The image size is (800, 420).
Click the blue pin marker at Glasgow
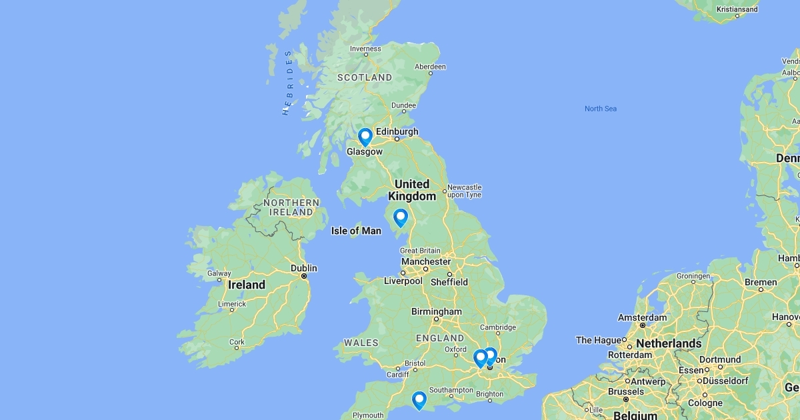[365, 137]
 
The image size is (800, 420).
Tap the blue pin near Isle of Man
[400, 217]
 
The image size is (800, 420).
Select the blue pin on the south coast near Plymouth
[419, 400]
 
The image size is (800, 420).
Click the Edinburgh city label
[397, 131]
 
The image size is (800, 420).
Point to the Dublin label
[304, 268]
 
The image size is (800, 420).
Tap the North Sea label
[600, 109]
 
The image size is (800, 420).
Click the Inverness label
[365, 49]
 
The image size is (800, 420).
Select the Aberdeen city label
[430, 67]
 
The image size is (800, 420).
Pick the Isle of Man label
[356, 231]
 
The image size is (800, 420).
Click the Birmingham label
[436, 311]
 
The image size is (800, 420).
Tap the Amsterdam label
[642, 317]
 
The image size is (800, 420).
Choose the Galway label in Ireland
[219, 273]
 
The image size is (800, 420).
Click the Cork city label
[237, 343]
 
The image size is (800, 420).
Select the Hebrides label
[288, 83]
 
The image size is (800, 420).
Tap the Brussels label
[626, 391]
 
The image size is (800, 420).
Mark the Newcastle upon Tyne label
[464, 191]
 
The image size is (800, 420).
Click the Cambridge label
[498, 327]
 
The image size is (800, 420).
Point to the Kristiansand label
[737, 9]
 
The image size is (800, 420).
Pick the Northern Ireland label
[291, 207]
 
